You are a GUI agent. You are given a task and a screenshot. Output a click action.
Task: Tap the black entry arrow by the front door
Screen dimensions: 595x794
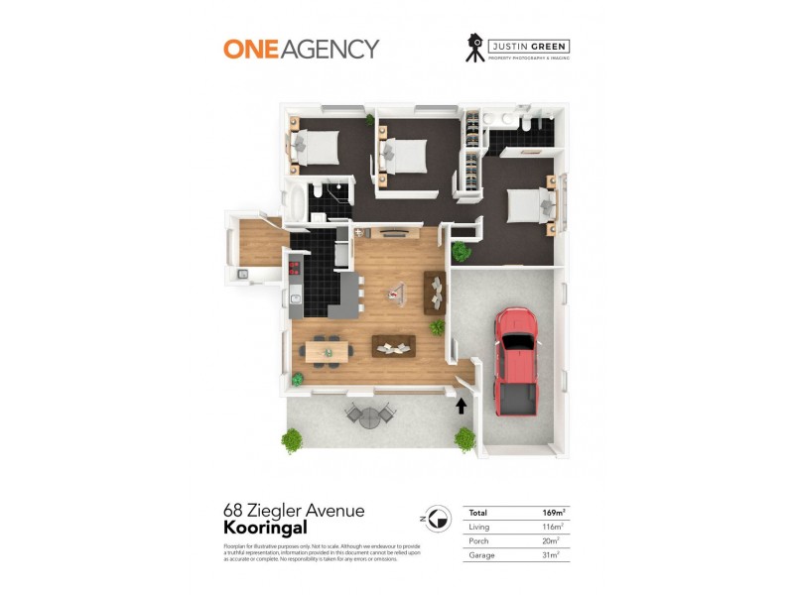pyautogui.click(x=461, y=404)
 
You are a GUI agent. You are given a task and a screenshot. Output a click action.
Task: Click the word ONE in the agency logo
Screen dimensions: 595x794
pyautogui.click(x=249, y=49)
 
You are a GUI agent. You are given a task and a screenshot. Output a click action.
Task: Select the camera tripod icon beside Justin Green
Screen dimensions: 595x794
pyautogui.click(x=475, y=49)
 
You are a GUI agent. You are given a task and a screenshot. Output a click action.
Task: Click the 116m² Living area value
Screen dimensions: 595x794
pyautogui.click(x=554, y=527)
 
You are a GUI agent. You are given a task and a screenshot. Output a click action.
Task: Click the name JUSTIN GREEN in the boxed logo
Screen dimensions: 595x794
pyautogui.click(x=527, y=45)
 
